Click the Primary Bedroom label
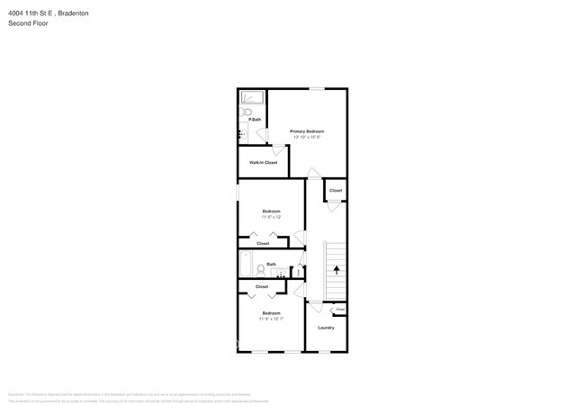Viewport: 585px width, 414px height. (306, 131)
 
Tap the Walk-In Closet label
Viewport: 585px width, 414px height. (263, 162)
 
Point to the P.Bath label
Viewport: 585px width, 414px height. (255, 120)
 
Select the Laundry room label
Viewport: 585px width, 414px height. (326, 328)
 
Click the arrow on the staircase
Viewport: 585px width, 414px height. (337, 269)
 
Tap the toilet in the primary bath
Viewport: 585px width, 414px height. (244, 112)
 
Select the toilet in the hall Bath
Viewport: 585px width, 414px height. (260, 270)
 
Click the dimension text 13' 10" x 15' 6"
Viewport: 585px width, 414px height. (306, 138)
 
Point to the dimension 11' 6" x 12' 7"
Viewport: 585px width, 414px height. (271, 319)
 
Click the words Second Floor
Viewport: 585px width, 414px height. (28, 23)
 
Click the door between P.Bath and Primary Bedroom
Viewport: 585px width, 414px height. (262, 135)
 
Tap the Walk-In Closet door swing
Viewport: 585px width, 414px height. (279, 150)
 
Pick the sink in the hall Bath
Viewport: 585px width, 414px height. (279, 273)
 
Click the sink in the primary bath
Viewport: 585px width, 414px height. (242, 133)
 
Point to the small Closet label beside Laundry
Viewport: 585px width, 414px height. (340, 310)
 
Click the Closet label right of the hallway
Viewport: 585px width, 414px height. (335, 191)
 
